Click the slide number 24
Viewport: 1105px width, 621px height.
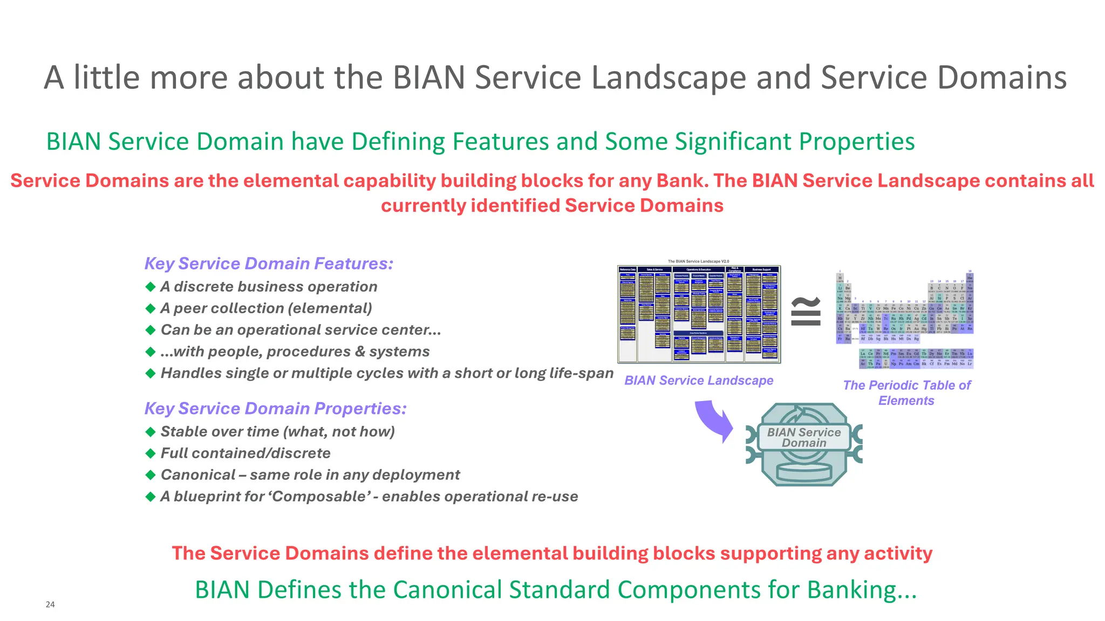[50, 604]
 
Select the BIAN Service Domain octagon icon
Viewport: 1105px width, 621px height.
[804, 444]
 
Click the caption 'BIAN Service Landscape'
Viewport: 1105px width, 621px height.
[699, 381]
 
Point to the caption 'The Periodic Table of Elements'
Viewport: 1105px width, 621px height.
[906, 392]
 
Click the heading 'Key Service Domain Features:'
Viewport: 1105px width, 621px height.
[269, 264]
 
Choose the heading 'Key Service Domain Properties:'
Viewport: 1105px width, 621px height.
[275, 409]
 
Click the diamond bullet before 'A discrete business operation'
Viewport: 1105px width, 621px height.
[151, 286]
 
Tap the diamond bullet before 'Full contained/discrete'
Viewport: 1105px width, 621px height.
[151, 453]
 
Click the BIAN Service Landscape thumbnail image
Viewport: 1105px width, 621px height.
[699, 314]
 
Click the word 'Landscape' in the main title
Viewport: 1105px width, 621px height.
[669, 78]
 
